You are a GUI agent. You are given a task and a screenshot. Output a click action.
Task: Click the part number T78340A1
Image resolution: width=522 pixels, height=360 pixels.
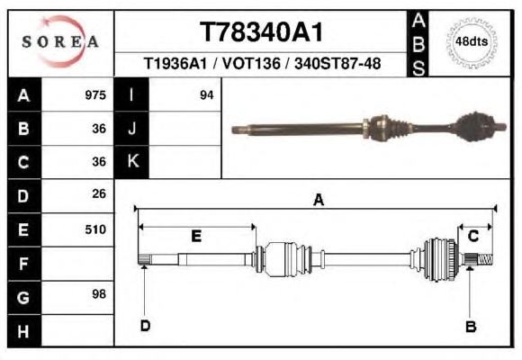pyautogui.click(x=261, y=32)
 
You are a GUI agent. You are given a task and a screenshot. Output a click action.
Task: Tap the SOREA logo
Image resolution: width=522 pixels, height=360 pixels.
pyautogui.click(x=60, y=41)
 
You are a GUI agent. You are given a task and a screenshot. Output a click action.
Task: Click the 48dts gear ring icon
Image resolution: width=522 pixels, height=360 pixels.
pyautogui.click(x=472, y=42)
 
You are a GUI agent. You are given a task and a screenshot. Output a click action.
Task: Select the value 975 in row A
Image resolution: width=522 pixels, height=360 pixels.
pyautogui.click(x=95, y=95)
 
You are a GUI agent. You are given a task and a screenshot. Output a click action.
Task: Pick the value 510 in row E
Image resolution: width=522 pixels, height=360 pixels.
pyautogui.click(x=95, y=229)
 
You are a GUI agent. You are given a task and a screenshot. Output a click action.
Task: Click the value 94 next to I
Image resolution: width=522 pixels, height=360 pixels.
pyautogui.click(x=206, y=95)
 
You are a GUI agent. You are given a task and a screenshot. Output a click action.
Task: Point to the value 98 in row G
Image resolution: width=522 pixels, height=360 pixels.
pyautogui.click(x=99, y=294)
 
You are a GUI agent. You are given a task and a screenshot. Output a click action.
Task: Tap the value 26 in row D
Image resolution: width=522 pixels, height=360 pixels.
pyautogui.click(x=99, y=193)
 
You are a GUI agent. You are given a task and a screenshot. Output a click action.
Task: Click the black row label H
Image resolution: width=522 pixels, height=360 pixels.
pyautogui.click(x=24, y=331)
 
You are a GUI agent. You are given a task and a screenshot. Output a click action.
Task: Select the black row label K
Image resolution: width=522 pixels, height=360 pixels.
pyautogui.click(x=132, y=161)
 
